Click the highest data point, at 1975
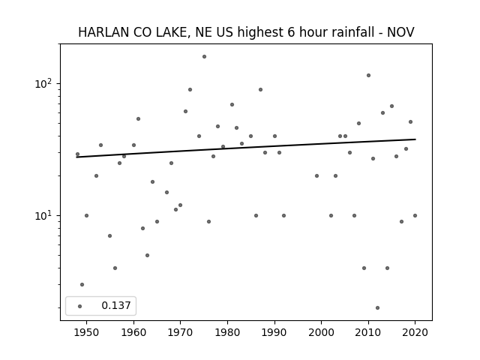pos(204,57)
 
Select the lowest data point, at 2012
pos(377,307)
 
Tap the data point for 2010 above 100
pos(368,75)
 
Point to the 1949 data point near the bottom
pos(82,284)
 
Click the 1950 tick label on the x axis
pos(87,332)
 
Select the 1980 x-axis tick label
pos(227,332)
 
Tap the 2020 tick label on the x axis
pos(415,332)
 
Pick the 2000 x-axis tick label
pos(322,332)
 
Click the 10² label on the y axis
pos(43,83)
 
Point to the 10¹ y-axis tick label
pos(43,215)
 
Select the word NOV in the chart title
pos(400,32)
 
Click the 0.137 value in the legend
pos(116,305)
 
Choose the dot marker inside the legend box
pos(80,306)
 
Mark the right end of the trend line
pos(415,139)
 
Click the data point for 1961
pos(138,118)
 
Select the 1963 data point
pos(147,255)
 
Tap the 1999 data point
pos(316,175)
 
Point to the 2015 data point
pos(391,106)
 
